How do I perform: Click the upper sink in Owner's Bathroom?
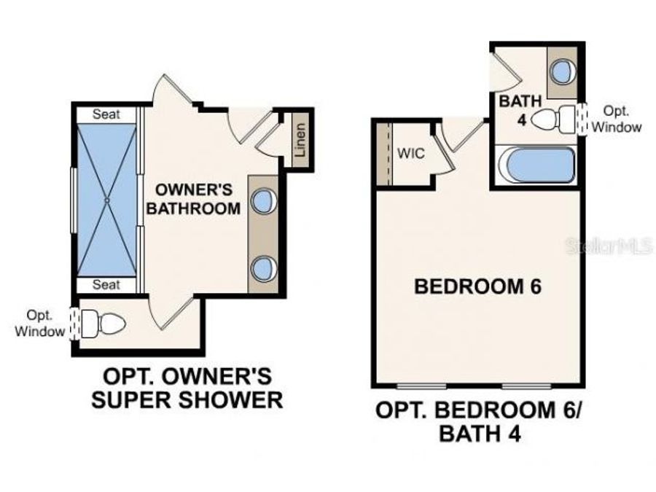coord(262,200)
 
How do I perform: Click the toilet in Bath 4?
coord(555,119)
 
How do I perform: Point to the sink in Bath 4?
coord(562,71)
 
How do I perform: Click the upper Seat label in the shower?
coord(106,114)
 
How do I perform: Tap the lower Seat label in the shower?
coord(106,284)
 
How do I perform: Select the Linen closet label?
coord(299,140)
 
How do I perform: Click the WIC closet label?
coord(411,154)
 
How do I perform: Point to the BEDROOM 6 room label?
coord(477,286)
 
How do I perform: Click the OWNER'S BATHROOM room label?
coord(194,199)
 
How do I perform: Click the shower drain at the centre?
coord(106,199)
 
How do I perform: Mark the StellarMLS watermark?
coord(609,246)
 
